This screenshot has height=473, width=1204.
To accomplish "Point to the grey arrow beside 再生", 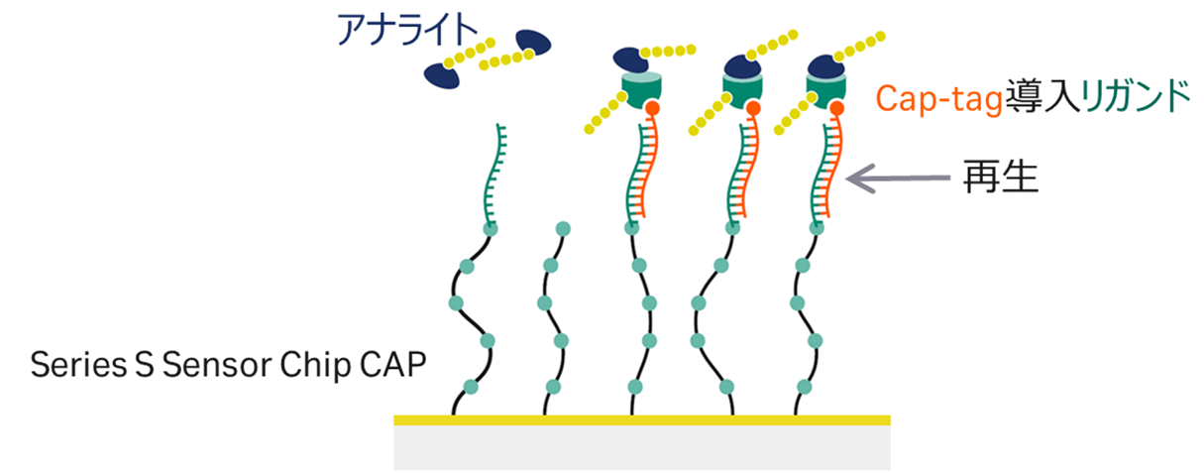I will (898, 179).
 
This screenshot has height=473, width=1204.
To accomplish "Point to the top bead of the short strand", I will (563, 229).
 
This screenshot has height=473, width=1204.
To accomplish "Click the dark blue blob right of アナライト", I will (533, 43).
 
